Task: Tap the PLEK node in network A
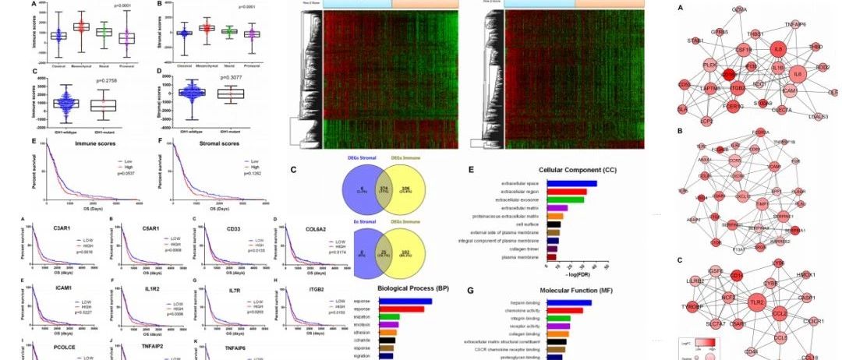[x=709, y=65]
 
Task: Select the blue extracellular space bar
[x=571, y=184]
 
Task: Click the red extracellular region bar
[x=567, y=192]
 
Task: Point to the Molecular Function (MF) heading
[x=568, y=288]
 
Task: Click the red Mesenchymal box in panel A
[x=81, y=27]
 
